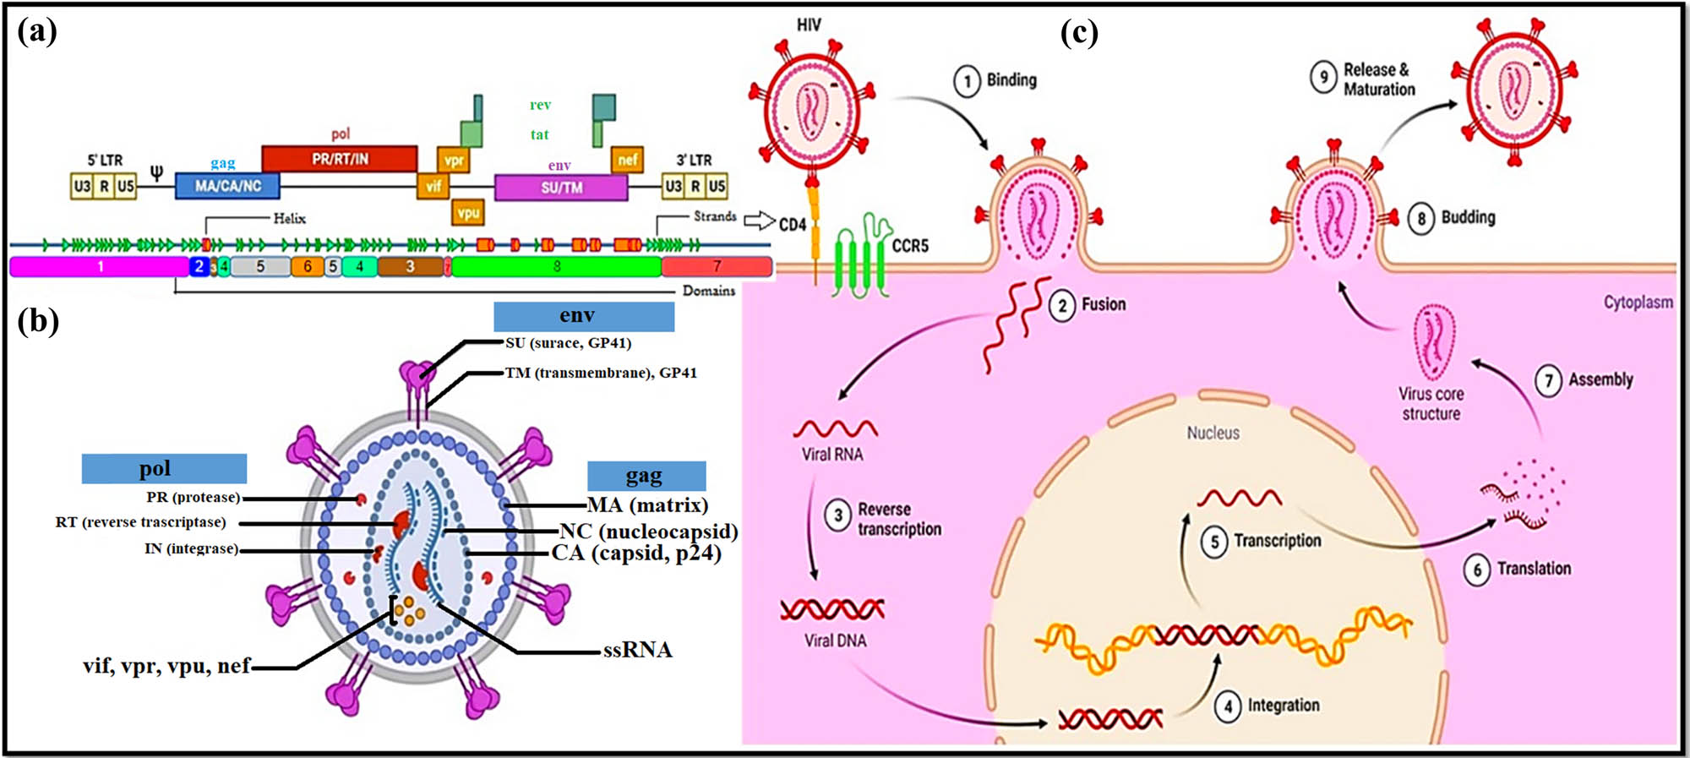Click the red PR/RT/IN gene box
tap(339, 158)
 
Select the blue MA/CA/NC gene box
tap(227, 185)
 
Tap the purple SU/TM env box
tap(561, 187)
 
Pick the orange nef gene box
tap(627, 159)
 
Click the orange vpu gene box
tap(468, 212)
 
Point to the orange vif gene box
tap(433, 186)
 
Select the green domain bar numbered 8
tap(556, 267)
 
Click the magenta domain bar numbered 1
tap(100, 267)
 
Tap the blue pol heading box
tap(164, 468)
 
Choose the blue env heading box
tap(584, 316)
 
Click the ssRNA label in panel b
tap(637, 650)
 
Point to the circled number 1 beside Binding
tap(967, 81)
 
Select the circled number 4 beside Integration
tap(1228, 706)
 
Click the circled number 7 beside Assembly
tap(1548, 381)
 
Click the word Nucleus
tap(1213, 433)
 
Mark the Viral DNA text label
tap(835, 641)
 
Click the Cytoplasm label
tap(1638, 302)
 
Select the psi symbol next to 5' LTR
tap(156, 172)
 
